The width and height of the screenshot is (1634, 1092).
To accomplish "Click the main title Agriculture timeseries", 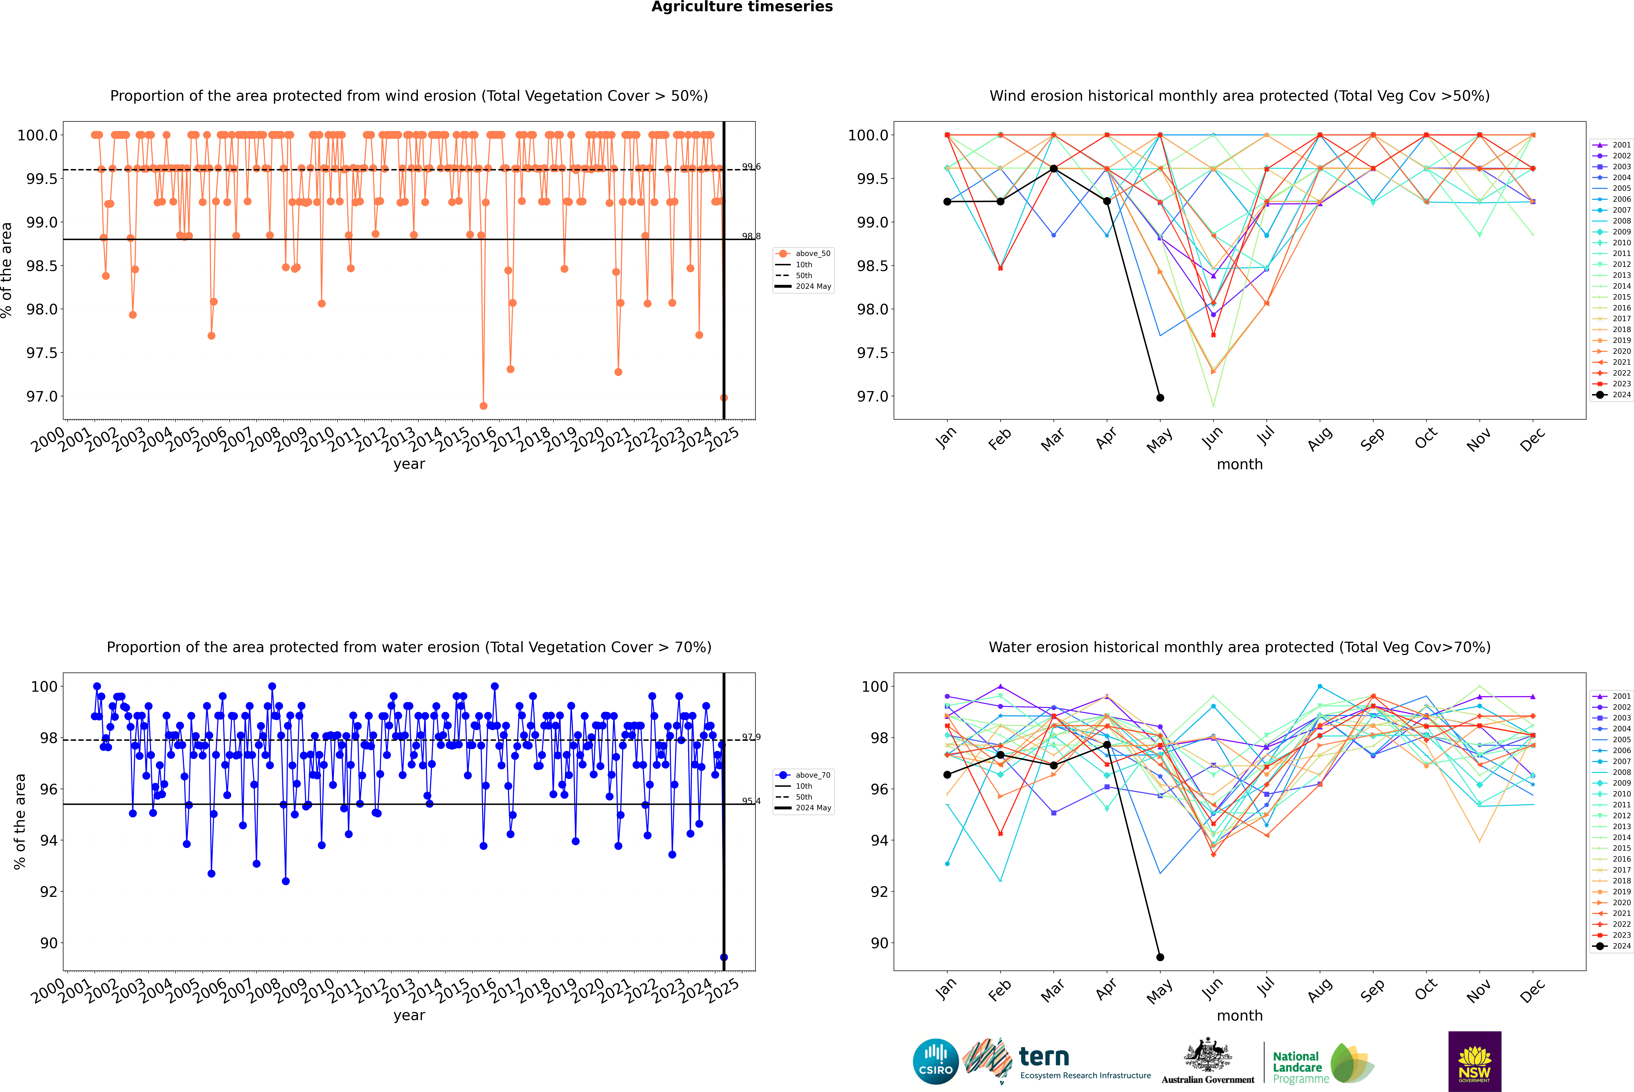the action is [742, 7].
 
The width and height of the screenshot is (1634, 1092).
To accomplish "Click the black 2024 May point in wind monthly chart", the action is [1160, 398].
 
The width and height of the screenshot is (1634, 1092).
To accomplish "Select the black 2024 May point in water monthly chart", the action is [1160, 957].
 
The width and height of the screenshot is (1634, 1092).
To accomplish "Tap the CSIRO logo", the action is [935, 1061].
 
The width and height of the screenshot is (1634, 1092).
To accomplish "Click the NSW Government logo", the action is [1474, 1061].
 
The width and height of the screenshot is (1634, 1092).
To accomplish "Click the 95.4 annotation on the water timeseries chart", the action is [751, 801].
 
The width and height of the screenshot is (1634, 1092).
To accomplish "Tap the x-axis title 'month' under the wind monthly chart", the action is [1239, 465].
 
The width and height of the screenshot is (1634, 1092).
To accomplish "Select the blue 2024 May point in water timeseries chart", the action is [724, 957].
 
